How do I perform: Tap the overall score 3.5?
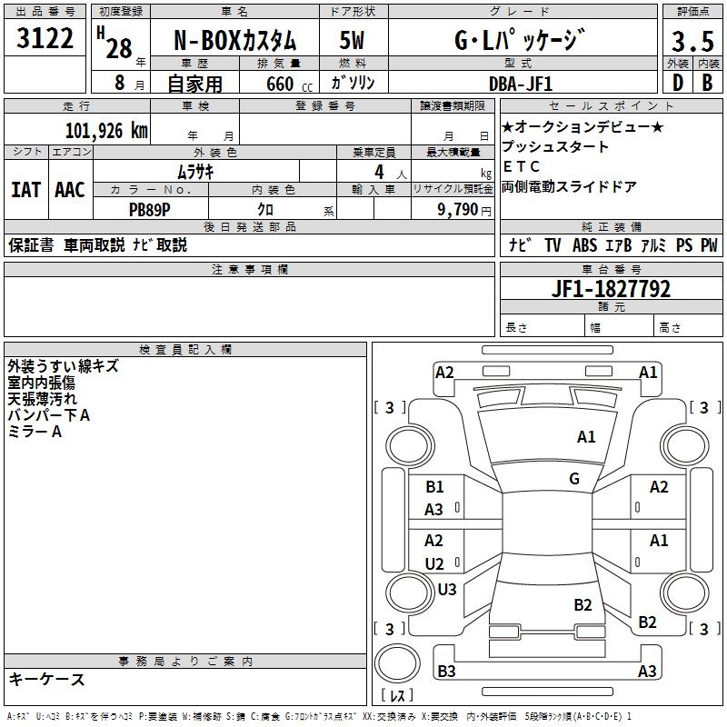click(x=691, y=42)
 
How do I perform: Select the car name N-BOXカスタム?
click(x=235, y=42)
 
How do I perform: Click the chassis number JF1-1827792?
click(x=611, y=289)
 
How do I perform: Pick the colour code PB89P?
click(x=150, y=209)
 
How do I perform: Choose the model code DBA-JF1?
click(x=520, y=83)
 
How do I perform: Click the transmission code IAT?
click(x=25, y=190)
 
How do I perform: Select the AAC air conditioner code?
click(x=70, y=190)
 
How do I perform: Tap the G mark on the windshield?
click(x=574, y=479)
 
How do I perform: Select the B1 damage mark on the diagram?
click(x=435, y=487)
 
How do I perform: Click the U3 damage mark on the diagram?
click(x=447, y=589)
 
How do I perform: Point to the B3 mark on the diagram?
click(x=447, y=672)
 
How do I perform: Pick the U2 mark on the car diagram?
click(x=435, y=564)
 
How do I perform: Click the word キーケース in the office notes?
click(x=46, y=679)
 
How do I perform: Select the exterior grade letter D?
click(x=677, y=83)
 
